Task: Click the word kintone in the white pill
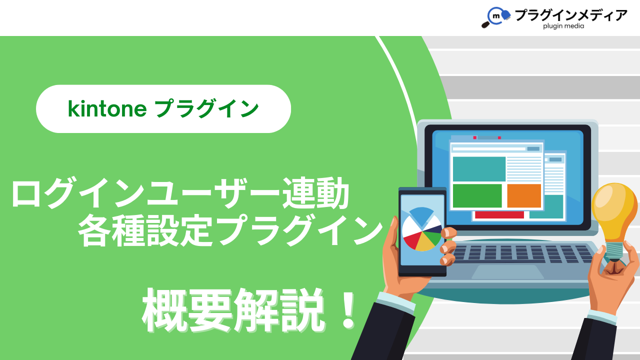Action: (107, 109)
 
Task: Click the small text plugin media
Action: (563, 26)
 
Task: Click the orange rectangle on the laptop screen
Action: (524, 195)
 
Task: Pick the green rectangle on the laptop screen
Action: (477, 195)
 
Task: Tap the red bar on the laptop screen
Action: (499, 215)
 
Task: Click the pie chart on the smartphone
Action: (422, 229)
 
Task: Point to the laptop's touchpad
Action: (507, 271)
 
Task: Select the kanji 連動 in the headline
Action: (315, 192)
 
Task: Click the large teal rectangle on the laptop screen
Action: (479, 169)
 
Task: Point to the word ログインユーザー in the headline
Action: (145, 192)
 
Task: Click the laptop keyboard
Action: (523, 253)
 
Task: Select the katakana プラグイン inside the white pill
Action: (206, 109)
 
